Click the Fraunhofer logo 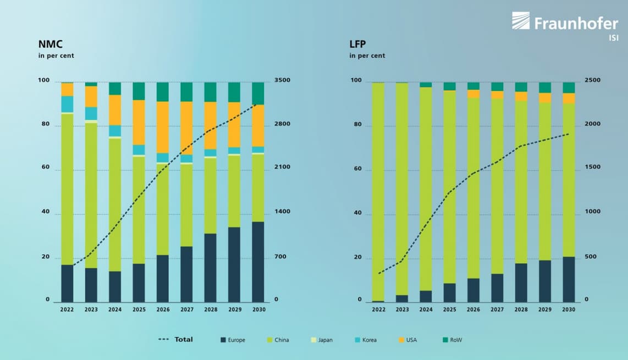(565, 23)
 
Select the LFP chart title (357, 45)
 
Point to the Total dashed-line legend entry (176, 340)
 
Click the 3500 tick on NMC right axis (282, 80)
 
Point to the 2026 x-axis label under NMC (163, 309)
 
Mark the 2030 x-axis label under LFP (569, 309)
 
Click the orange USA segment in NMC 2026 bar (163, 127)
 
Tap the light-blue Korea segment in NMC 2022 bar (67, 104)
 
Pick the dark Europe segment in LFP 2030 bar (569, 279)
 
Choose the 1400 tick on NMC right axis (282, 212)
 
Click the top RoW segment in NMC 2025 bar (139, 91)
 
